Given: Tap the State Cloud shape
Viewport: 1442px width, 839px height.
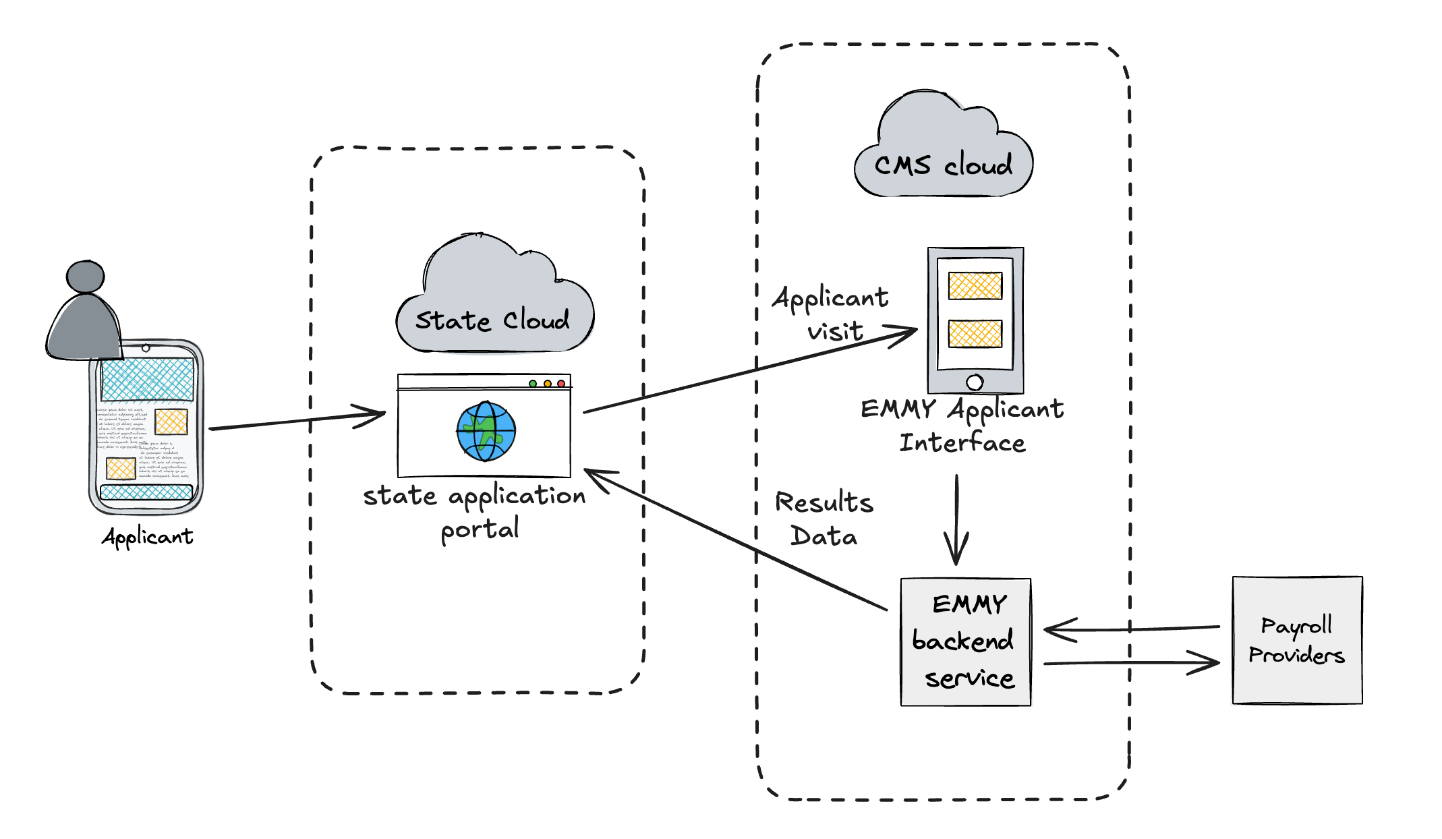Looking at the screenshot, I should tap(493, 303).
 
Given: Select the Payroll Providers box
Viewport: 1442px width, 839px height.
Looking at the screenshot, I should tap(1297, 640).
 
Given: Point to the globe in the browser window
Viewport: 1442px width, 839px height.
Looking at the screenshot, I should tap(486, 431).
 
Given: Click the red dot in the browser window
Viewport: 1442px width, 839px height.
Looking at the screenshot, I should tap(561, 384).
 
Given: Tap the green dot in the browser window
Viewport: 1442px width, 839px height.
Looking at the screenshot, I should tap(533, 384).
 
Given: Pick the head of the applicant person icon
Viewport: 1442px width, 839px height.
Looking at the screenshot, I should tap(86, 277).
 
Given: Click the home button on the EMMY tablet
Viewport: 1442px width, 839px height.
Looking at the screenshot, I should tap(975, 382).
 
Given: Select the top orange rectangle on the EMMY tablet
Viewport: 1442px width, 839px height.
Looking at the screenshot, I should tap(975, 285).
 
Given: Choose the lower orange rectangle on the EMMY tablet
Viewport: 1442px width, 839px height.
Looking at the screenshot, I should tap(975, 333).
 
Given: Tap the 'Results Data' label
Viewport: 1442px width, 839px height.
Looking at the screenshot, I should tap(824, 519).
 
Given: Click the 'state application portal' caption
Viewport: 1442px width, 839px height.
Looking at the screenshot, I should tap(475, 513).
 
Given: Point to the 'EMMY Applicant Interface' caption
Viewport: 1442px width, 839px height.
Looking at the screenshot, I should tap(962, 426).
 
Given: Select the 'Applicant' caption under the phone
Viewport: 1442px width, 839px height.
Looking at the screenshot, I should tap(148, 537).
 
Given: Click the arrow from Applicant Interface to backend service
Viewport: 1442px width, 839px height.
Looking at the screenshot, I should tap(956, 519).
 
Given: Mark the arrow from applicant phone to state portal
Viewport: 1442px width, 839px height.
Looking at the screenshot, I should tap(297, 420).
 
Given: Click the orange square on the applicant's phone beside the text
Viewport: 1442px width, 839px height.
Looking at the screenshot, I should tap(171, 422).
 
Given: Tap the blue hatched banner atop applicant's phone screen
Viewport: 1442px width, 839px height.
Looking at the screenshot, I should tap(148, 379).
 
